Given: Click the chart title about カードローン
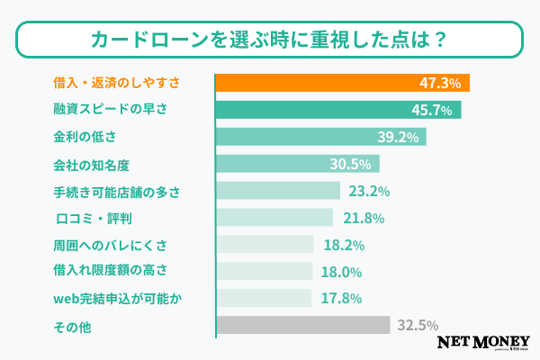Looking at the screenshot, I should click(x=269, y=40).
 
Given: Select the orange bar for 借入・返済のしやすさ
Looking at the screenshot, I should click(x=342, y=83).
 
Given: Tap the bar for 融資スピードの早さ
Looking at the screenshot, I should click(x=337, y=110).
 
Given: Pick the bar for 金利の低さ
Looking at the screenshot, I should click(x=320, y=137).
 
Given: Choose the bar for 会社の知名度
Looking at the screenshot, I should click(x=297, y=164).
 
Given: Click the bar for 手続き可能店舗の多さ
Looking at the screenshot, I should click(x=277, y=191).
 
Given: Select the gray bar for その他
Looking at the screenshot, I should click(x=302, y=325).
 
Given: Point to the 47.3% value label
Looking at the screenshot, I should click(x=440, y=83).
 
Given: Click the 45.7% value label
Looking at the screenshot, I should click(x=432, y=110).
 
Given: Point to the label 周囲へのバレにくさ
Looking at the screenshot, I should click(x=110, y=244).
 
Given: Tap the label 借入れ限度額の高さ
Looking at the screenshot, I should click(x=111, y=271).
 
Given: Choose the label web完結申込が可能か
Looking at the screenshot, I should click(x=118, y=298).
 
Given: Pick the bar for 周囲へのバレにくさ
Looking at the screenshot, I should click(x=265, y=244).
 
